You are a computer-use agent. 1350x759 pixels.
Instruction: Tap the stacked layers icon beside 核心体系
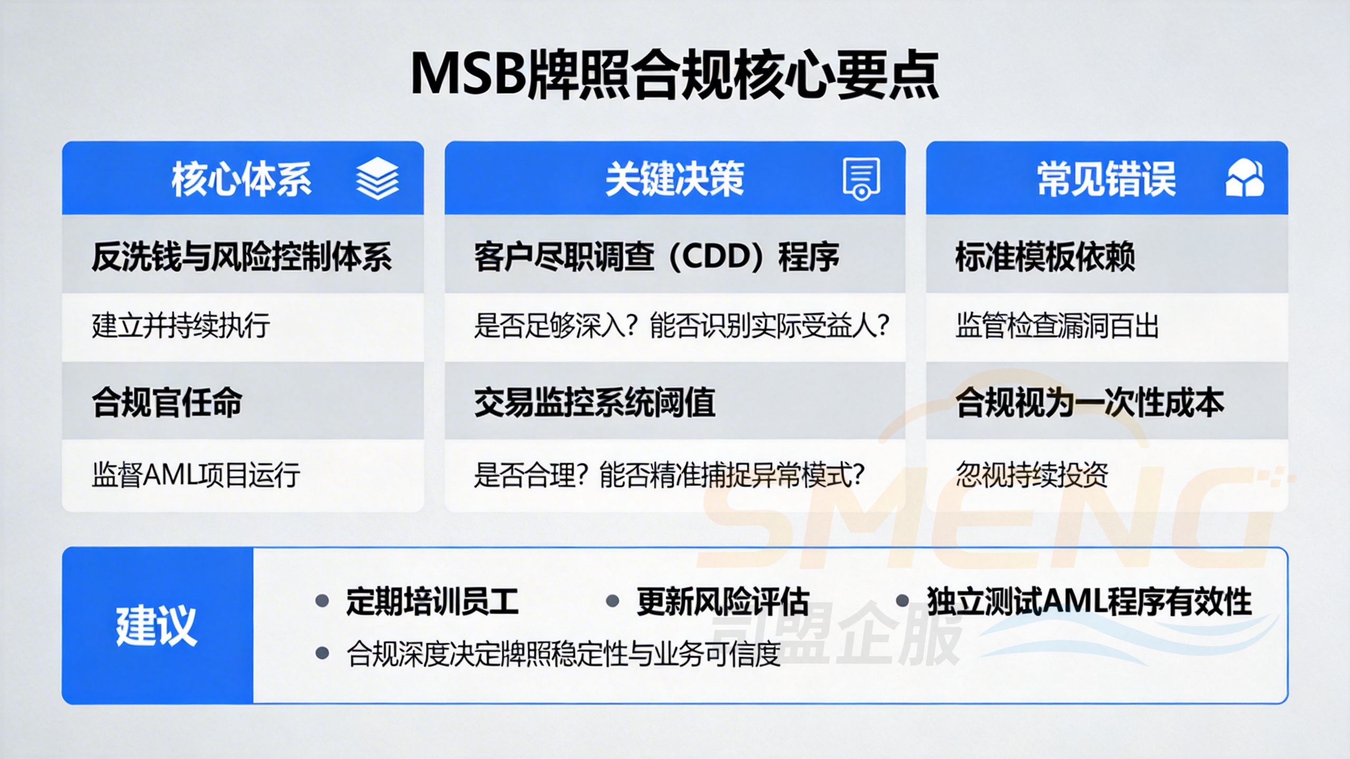tap(377, 179)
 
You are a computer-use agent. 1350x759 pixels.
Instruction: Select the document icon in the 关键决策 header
tap(861, 179)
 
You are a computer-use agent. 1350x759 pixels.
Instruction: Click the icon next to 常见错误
tap(1245, 179)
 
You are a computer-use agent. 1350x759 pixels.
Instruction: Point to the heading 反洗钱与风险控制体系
tap(242, 257)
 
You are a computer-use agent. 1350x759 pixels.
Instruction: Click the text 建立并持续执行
tap(181, 325)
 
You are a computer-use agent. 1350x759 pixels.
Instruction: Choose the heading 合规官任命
tap(167, 402)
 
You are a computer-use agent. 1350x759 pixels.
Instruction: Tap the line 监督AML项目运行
tap(196, 474)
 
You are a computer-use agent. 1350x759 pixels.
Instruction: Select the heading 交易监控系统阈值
tap(594, 402)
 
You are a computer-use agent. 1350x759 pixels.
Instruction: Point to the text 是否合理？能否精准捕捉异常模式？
tap(669, 474)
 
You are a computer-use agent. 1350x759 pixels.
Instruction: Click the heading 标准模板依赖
tap(1045, 257)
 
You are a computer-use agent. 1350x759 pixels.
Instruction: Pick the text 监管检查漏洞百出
tap(1057, 325)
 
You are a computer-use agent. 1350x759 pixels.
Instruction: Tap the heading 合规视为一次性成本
tap(1089, 402)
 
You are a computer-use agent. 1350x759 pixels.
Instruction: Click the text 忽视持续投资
tap(1031, 474)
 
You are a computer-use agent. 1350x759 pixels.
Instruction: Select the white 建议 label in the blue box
tap(157, 626)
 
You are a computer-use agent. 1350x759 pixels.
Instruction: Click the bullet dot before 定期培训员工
tap(322, 601)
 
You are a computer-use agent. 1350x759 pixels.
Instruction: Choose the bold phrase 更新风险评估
tap(722, 601)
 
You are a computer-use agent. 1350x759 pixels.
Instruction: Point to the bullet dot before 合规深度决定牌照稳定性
tap(322, 654)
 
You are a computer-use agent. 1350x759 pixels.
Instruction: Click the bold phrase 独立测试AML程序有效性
tap(1089, 601)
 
